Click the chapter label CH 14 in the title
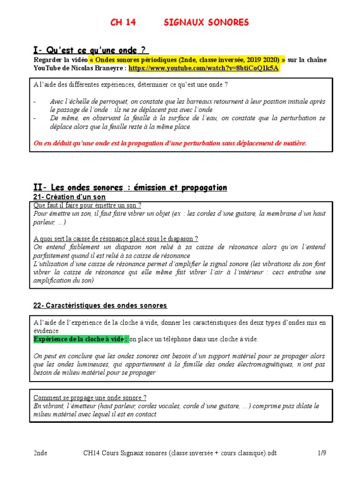[123, 22]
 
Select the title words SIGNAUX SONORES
[207, 22]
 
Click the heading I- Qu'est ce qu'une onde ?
[91, 50]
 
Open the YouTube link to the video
[204, 68]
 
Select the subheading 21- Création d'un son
[69, 197]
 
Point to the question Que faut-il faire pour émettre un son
[88, 205]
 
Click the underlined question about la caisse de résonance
[116, 239]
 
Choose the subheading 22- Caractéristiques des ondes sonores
[100, 306]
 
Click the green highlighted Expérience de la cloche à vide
[81, 339]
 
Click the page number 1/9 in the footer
[321, 453]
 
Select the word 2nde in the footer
[40, 453]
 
